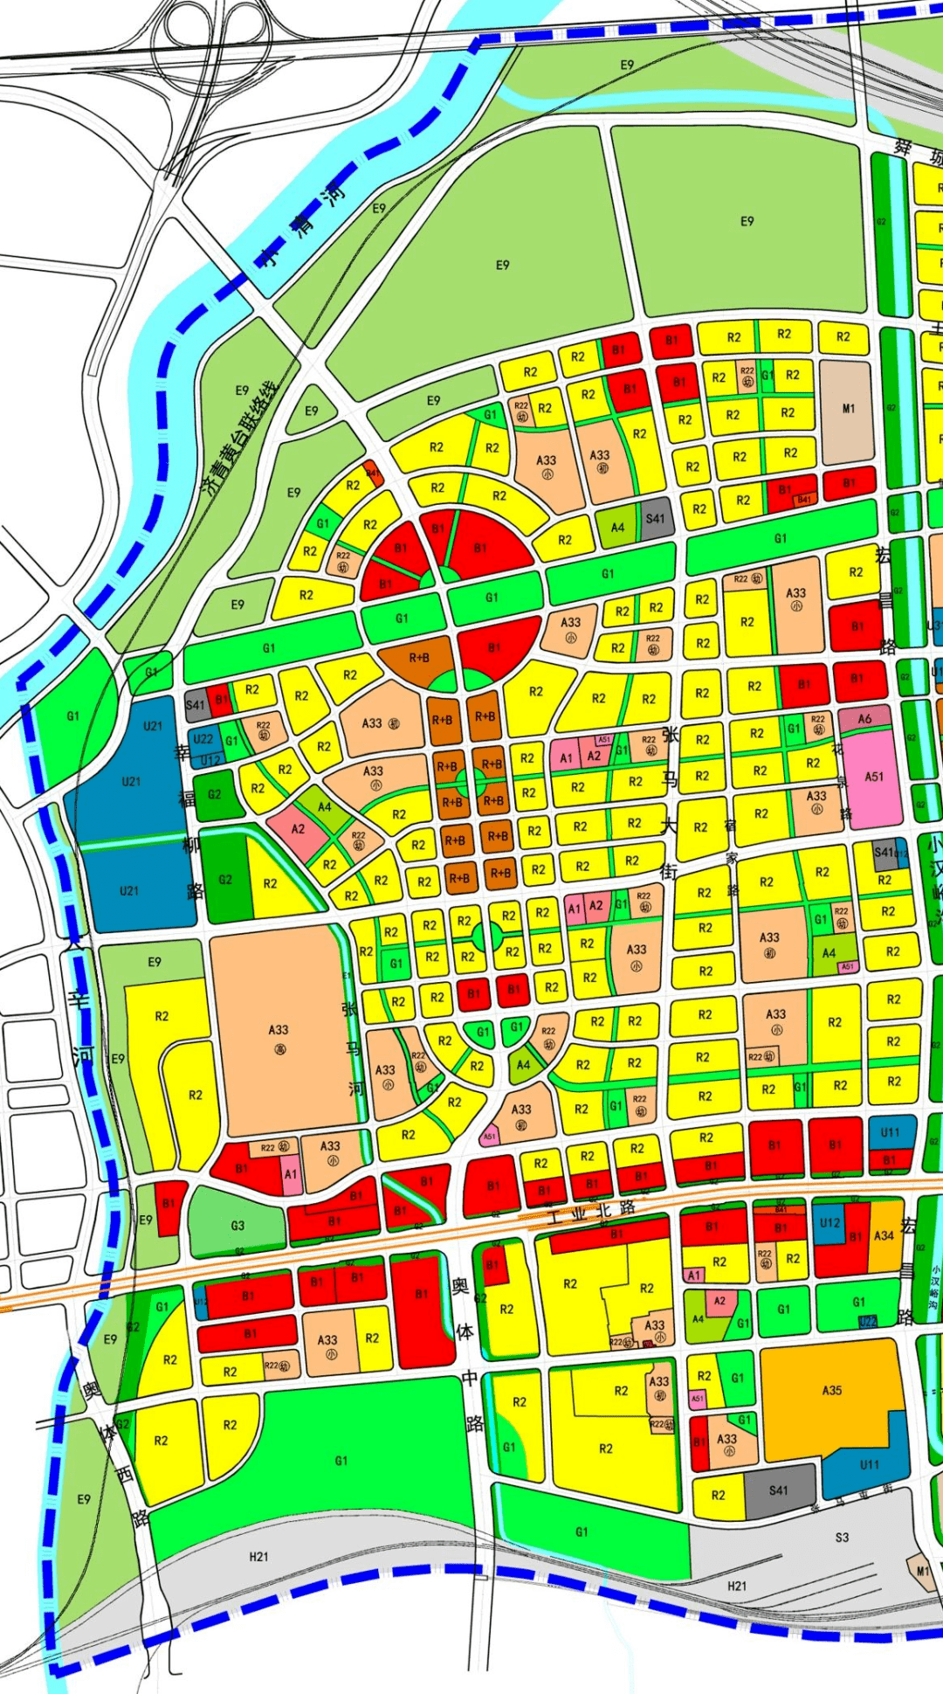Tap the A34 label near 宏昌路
[884, 1235]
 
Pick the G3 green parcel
[237, 1225]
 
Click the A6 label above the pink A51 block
[864, 719]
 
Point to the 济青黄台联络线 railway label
[240, 437]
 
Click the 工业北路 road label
[592, 1212]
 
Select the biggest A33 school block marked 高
[278, 1031]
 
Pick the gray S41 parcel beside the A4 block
[656, 519]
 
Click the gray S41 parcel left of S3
[779, 1490]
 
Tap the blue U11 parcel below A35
[869, 1464]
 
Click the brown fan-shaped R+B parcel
[419, 658]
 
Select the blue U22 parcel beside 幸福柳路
[203, 739]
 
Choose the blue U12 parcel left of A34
[829, 1223]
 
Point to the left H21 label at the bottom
[258, 1557]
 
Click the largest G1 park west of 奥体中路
[341, 1459]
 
